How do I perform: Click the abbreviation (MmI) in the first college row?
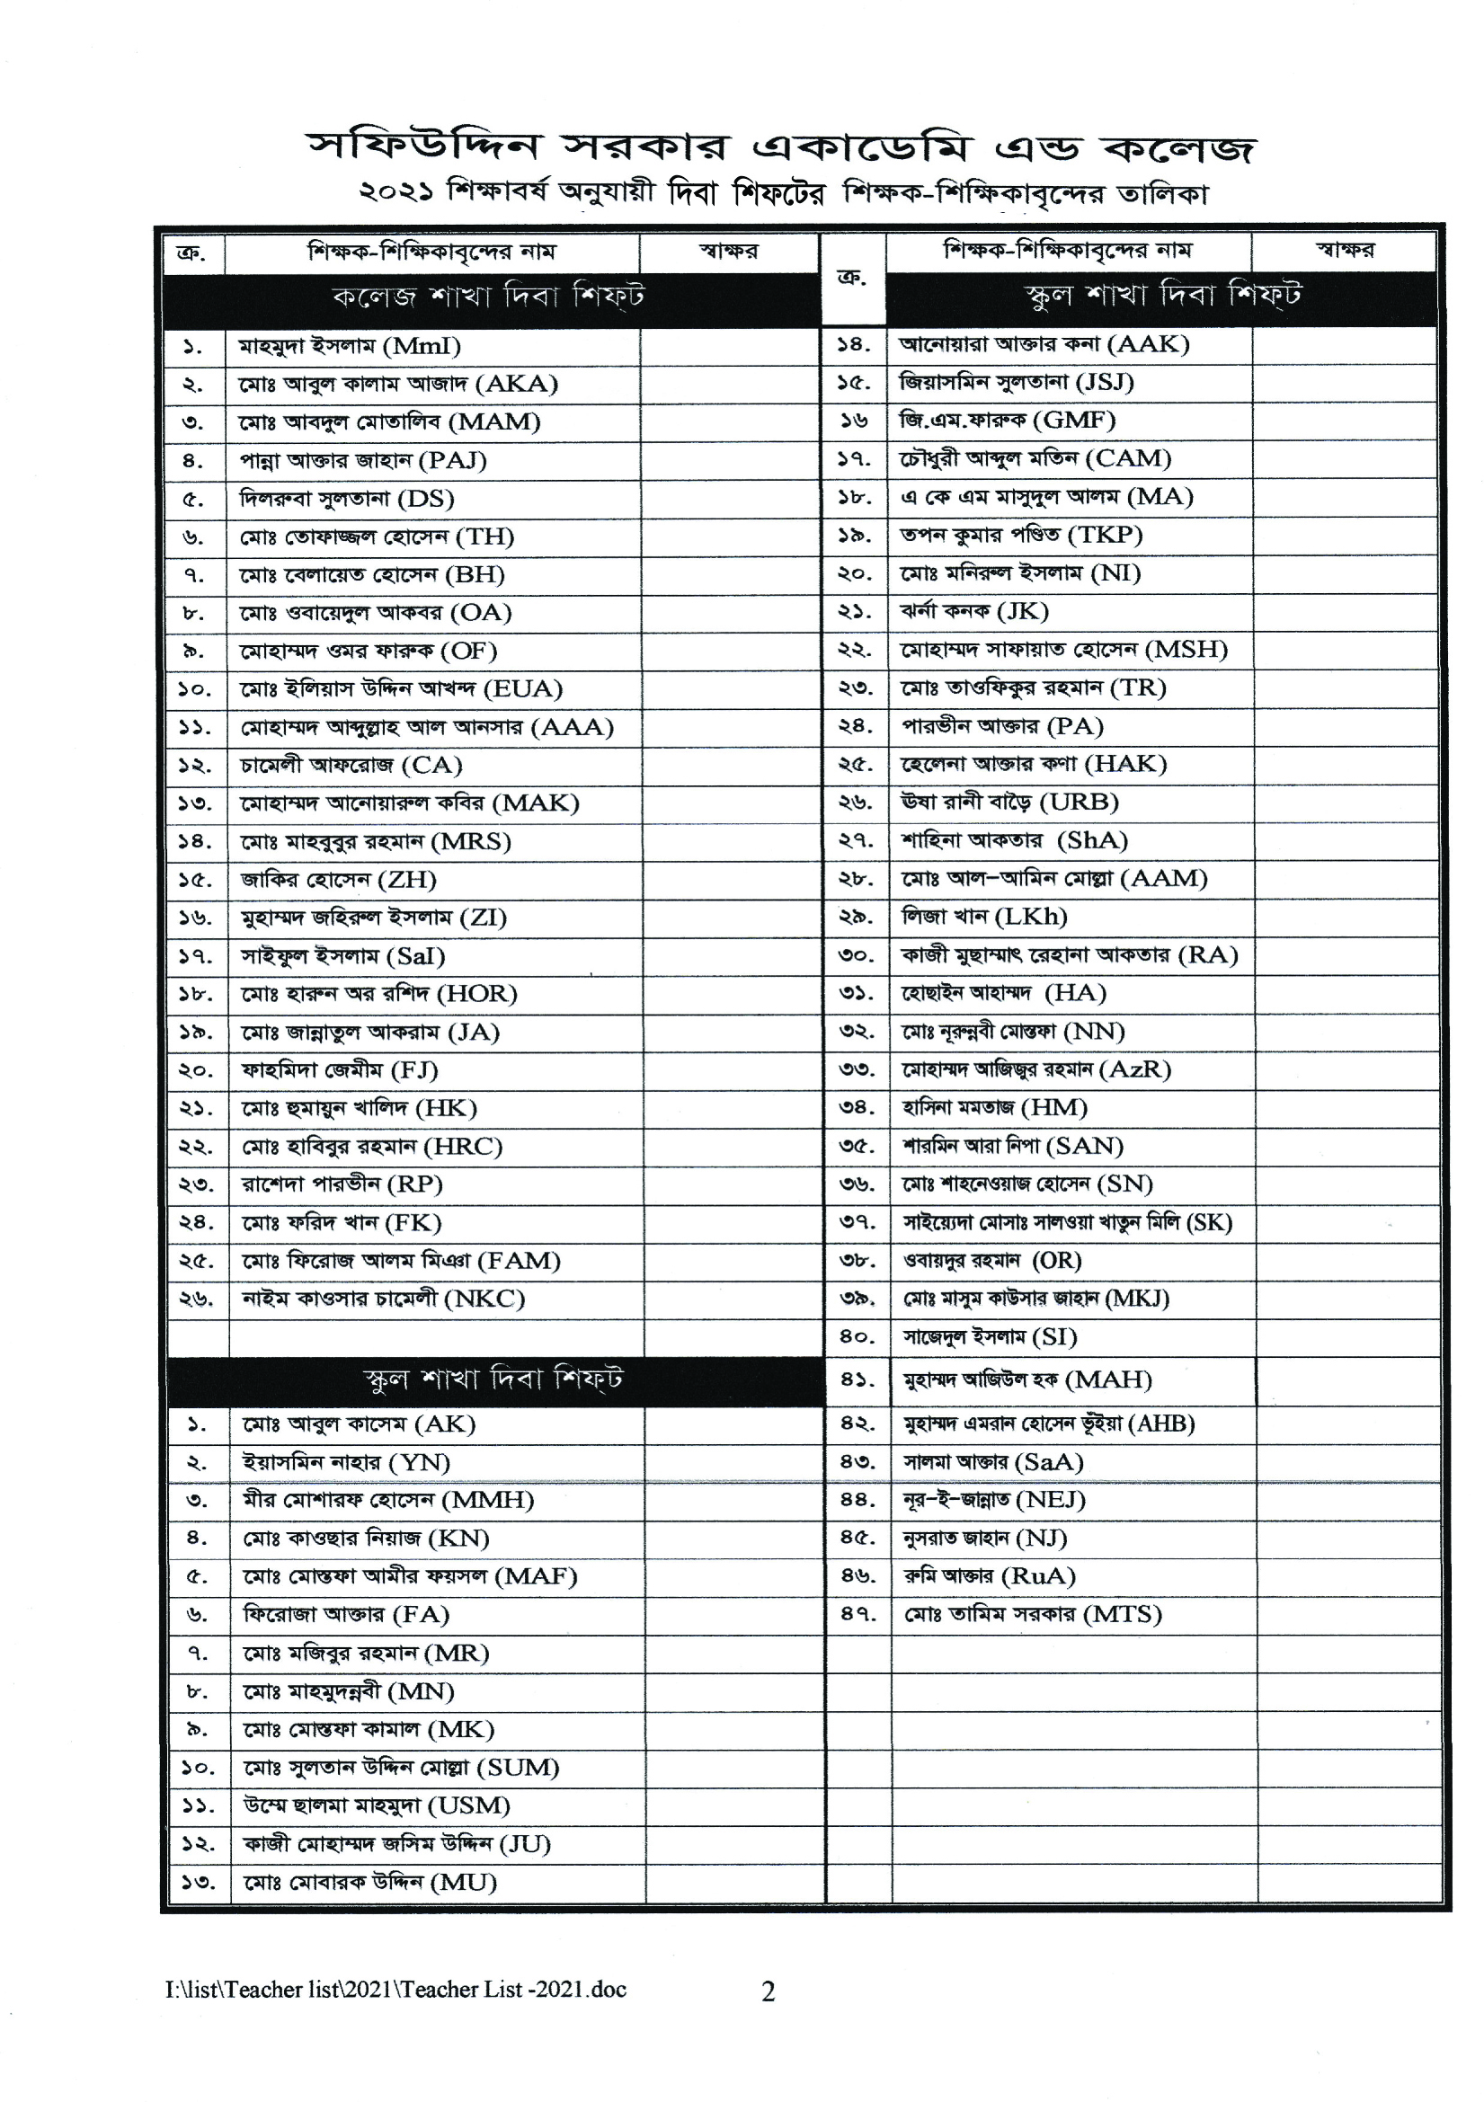(422, 346)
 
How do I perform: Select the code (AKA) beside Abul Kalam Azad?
(516, 384)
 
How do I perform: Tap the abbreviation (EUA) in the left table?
(523, 688)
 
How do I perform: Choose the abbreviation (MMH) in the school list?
(488, 1500)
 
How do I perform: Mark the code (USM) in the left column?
(468, 1805)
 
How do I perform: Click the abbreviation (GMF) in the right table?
(1074, 421)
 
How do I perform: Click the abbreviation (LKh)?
(1031, 917)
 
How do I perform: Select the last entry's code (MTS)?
(1123, 1614)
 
